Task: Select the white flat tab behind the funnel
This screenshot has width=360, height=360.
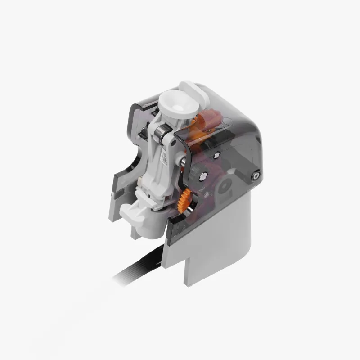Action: [x=192, y=90]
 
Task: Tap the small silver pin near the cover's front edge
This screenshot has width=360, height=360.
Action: [x=216, y=155]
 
